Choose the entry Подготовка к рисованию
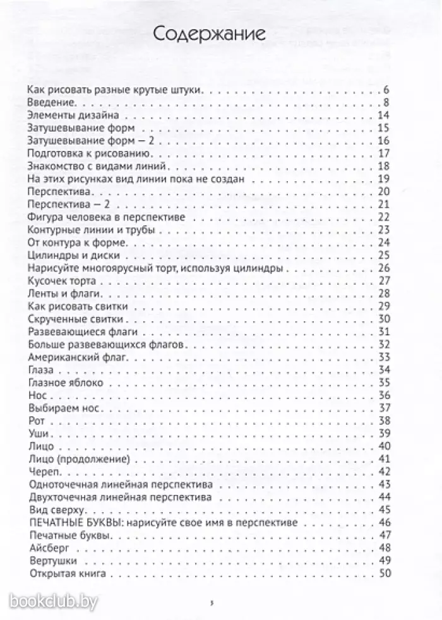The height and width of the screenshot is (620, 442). (88, 154)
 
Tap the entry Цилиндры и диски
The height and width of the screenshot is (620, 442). (70, 255)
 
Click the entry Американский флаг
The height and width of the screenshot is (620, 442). (78, 357)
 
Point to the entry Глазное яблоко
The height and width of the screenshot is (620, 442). (65, 383)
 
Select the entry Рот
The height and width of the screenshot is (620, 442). (37, 420)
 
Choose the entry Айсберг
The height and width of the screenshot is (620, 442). (49, 547)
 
